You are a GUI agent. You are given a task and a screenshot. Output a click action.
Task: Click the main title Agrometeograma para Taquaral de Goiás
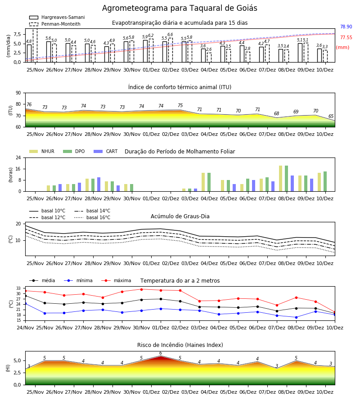(x=180, y=8)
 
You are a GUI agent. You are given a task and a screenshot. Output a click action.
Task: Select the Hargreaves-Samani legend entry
(x=57, y=17)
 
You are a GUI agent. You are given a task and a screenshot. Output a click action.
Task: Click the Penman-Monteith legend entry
(x=55, y=24)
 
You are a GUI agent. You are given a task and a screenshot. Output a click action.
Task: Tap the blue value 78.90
(x=346, y=27)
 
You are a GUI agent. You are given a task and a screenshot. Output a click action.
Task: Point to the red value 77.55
(x=346, y=38)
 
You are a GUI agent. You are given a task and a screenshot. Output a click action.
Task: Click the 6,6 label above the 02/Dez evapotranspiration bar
(x=170, y=35)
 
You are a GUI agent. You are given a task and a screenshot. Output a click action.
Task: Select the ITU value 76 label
(x=29, y=104)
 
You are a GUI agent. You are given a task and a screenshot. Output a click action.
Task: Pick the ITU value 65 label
(x=331, y=116)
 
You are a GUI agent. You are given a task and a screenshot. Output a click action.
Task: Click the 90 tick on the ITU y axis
(x=18, y=93)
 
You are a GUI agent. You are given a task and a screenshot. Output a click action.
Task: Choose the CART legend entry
(x=106, y=151)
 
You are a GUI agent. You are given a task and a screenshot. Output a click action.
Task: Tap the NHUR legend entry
(x=42, y=151)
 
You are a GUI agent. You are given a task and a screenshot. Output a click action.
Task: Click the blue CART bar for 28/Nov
(x=99, y=184)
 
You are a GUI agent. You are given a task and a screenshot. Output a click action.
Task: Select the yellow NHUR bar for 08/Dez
(x=281, y=179)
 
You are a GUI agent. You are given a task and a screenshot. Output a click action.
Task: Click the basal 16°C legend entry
(x=92, y=217)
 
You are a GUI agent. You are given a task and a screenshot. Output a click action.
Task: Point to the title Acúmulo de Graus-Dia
(x=180, y=216)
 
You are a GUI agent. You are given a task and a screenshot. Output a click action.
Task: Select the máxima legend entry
(x=116, y=280)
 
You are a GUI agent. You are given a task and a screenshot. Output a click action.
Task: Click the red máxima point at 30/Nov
(x=141, y=289)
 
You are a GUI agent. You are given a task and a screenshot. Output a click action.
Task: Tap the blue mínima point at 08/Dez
(x=296, y=317)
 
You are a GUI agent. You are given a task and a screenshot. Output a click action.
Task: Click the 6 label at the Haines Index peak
(x=161, y=353)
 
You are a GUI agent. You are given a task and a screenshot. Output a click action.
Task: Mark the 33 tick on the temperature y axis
(x=18, y=288)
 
